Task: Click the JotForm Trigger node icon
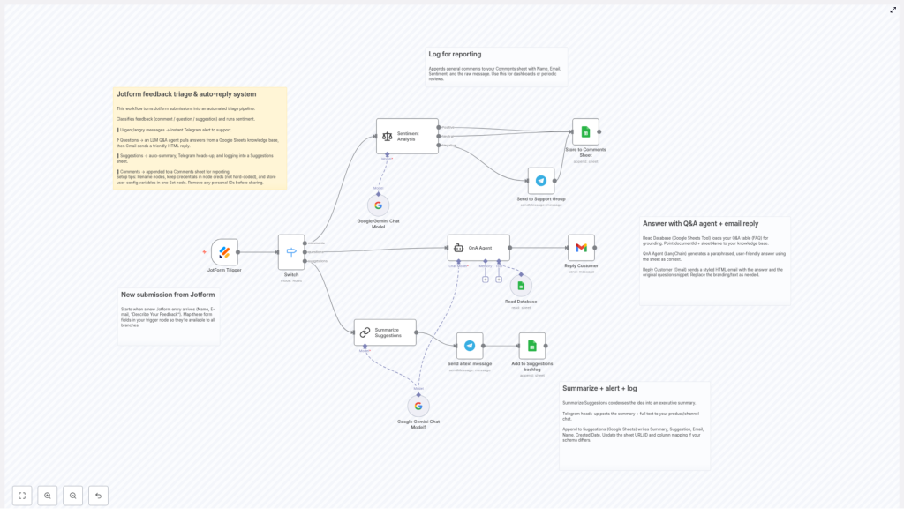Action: click(x=224, y=252)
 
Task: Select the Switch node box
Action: click(x=291, y=252)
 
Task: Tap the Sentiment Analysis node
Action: click(x=407, y=137)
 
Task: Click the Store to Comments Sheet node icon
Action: click(x=585, y=132)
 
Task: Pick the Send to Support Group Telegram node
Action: click(x=541, y=181)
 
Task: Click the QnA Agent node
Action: click(x=478, y=248)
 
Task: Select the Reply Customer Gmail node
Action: click(x=581, y=248)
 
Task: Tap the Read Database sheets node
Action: click(x=521, y=285)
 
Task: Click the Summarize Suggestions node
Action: click(x=385, y=332)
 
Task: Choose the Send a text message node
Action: click(x=470, y=346)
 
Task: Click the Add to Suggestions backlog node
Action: click(x=532, y=346)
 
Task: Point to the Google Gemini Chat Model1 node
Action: click(x=418, y=406)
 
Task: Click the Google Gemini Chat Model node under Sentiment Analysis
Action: click(x=378, y=205)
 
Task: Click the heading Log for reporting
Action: click(x=456, y=55)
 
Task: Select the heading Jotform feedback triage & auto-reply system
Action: click(x=186, y=94)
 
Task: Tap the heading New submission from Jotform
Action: click(x=168, y=295)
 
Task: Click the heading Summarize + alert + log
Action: click(x=599, y=388)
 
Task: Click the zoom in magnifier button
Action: click(x=48, y=496)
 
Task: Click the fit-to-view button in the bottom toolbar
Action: click(x=22, y=496)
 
